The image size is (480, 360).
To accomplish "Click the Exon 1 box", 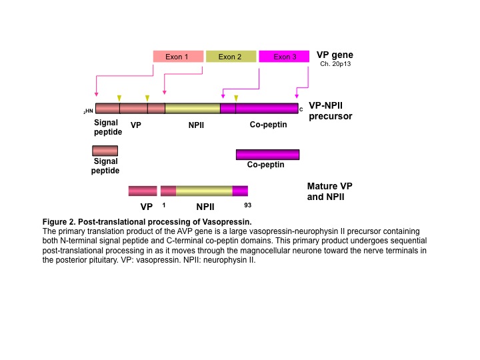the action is coord(178,57).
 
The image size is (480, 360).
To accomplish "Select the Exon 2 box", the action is coord(231,57).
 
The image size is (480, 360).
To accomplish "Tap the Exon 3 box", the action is coord(284,57).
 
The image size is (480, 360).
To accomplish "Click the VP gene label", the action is coord(335,55).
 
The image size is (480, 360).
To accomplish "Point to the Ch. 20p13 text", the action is coord(335,64).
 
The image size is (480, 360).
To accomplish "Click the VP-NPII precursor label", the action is coord(330,111).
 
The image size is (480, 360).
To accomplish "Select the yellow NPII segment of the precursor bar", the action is coord(193,109).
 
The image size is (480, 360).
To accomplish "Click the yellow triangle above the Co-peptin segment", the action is coord(236,98).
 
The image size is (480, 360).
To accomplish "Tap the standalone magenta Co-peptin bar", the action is coord(267,155).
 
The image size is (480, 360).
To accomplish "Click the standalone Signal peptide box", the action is coord(105,151).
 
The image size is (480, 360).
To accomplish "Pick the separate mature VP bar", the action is coord(143,191).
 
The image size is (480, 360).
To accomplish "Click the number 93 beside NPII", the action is coord(247,205).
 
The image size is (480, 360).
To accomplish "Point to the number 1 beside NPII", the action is coord(164,205).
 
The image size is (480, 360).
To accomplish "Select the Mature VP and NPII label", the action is coord(330,191).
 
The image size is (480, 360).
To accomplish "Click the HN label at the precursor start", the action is coord(88,111).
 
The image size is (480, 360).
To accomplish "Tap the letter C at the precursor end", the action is coord(301,109).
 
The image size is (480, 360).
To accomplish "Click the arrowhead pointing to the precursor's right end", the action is coord(296,96).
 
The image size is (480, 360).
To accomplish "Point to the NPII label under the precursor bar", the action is coord(196,125).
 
